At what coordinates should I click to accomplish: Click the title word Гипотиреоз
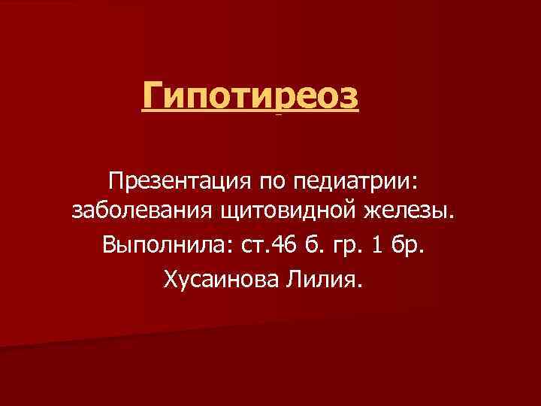tap(251, 97)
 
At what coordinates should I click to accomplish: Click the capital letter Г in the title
tap(153, 97)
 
